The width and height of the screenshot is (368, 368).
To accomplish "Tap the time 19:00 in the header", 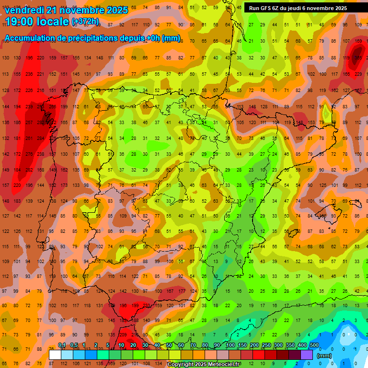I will tap(22, 21).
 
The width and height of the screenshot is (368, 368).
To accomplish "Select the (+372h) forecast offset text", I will tap(85, 21).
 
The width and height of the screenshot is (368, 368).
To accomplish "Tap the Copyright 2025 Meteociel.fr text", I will tap(204, 365).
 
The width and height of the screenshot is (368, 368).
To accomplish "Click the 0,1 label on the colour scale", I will tap(62, 345).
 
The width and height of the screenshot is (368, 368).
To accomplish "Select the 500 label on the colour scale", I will tap(314, 345).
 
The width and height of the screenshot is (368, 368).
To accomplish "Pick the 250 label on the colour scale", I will tap(266, 345).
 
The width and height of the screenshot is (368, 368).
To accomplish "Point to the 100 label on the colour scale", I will tap(230, 345).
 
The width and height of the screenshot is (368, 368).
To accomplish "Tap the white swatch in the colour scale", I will tap(55, 355).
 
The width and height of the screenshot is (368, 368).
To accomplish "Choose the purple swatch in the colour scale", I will tap(307, 355).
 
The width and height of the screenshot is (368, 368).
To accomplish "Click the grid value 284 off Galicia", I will tap(40, 138).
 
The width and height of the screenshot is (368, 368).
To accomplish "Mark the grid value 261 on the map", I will tap(29, 138).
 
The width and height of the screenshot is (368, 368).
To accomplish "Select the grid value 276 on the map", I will tap(29, 154).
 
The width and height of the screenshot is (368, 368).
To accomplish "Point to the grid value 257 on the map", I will tap(29, 123).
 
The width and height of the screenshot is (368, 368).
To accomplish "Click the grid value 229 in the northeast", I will tap(358, 74).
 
